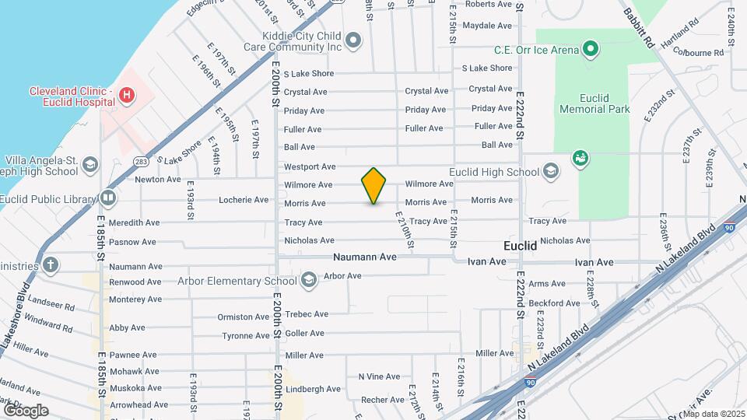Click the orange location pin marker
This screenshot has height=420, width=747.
(x=374, y=185)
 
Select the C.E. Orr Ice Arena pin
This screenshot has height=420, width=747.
(x=591, y=51)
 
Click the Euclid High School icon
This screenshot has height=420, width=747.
(x=551, y=172)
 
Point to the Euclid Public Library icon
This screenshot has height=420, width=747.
(x=107, y=198)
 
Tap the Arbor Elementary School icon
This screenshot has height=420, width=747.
(x=308, y=280)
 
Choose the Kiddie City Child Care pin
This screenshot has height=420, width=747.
(x=354, y=40)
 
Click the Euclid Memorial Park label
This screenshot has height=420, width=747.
(x=594, y=103)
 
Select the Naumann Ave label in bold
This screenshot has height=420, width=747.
(x=365, y=257)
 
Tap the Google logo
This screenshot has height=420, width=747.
(x=25, y=410)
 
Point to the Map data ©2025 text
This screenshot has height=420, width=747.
(x=713, y=413)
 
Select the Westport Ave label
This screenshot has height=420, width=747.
(x=309, y=166)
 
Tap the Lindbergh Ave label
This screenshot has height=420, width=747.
(x=313, y=389)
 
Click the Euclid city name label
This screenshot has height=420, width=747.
(x=520, y=246)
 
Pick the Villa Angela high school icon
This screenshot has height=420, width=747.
(x=90, y=164)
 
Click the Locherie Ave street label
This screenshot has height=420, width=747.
(x=244, y=200)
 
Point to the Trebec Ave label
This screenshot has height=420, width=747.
(x=307, y=314)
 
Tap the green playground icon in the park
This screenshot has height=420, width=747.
(x=580, y=159)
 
